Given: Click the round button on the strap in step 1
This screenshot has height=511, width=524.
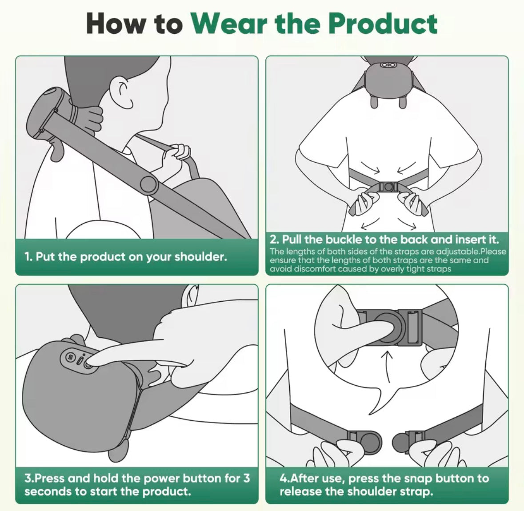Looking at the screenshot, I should [x=148, y=184].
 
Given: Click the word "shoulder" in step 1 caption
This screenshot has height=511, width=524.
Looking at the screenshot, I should [x=200, y=257].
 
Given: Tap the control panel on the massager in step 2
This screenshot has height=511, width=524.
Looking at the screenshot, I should [x=388, y=65].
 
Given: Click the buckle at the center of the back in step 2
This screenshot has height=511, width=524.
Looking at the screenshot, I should [x=388, y=187].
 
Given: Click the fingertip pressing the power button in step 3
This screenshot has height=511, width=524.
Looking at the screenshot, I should [x=91, y=362].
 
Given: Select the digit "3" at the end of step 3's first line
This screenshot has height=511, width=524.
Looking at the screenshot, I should [x=246, y=479].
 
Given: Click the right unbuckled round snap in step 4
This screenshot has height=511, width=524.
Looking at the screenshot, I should [x=402, y=442].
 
